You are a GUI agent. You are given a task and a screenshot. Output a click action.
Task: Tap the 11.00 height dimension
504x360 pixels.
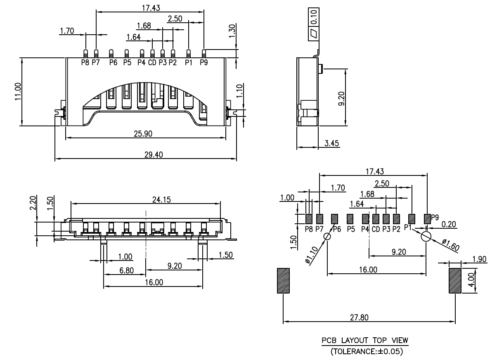pos(17,91)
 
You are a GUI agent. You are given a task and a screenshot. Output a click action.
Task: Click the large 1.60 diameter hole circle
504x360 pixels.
pos(426,237)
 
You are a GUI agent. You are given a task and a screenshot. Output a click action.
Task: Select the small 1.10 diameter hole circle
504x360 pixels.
pos(327,237)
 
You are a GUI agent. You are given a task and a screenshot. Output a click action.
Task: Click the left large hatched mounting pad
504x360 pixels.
pos(283,281)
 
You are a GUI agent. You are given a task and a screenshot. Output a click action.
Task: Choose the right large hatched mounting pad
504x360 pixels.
pos(455,281)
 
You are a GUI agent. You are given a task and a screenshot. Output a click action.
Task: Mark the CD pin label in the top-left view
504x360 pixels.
pos(152,63)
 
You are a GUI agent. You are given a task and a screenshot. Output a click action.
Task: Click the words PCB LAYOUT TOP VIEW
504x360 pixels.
pos(365,341)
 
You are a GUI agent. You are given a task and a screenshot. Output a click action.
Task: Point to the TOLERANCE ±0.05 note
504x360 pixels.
pos(365,352)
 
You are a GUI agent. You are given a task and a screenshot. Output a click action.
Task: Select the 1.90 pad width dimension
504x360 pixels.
pos(479,259)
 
